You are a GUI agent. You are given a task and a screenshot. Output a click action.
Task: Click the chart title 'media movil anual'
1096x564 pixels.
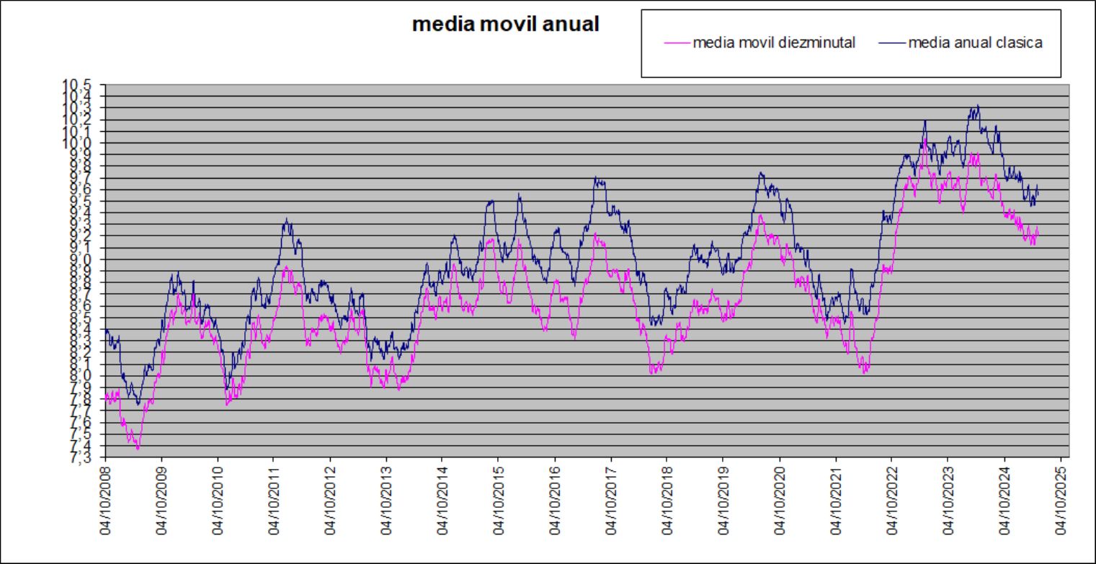coord(505,24)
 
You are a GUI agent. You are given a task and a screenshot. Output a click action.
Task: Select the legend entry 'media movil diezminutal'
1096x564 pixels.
coord(774,43)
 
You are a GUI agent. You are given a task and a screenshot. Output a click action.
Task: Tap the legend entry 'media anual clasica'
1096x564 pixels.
coord(975,43)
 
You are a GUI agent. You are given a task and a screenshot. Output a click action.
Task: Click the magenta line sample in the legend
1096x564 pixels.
coord(676,43)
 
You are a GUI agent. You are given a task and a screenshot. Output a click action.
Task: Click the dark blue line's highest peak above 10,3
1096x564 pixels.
coord(977,106)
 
